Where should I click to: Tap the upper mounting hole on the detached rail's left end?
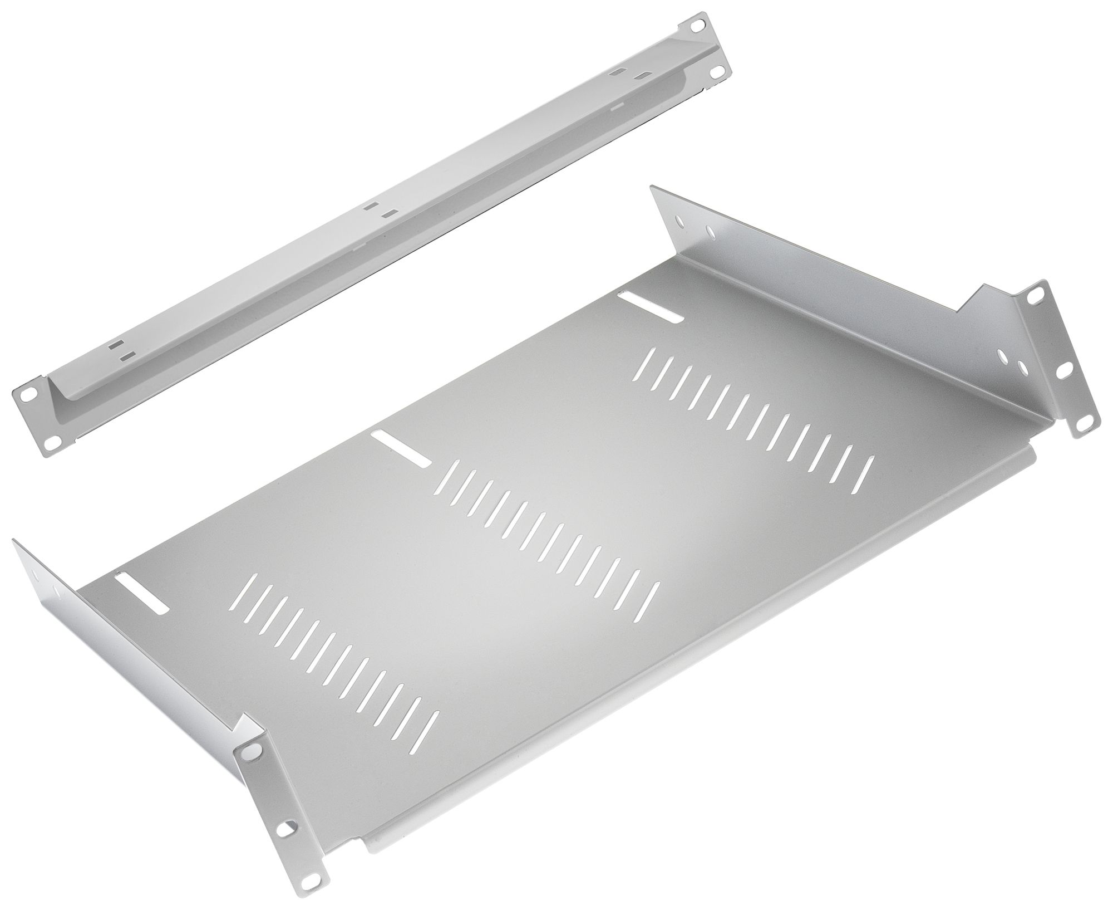click(26, 394)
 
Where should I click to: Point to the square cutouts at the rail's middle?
click(380, 209)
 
